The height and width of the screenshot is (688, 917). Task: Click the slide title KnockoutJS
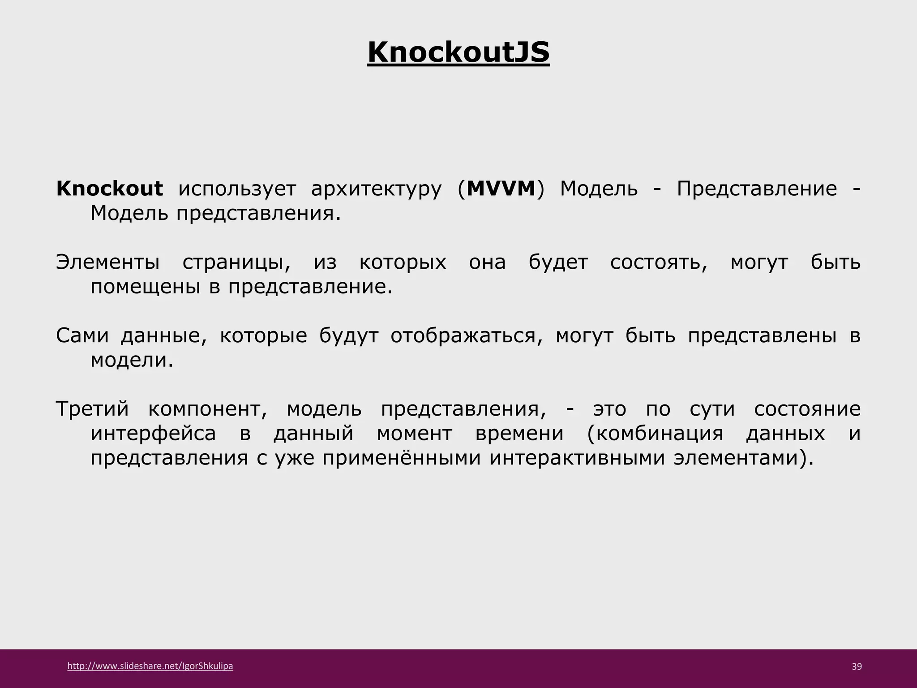click(458, 53)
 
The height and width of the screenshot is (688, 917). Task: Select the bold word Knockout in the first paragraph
click(109, 189)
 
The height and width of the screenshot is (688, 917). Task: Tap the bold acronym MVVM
click(501, 189)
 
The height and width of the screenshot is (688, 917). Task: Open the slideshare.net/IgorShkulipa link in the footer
click(150, 666)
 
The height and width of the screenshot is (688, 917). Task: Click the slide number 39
click(856, 667)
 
